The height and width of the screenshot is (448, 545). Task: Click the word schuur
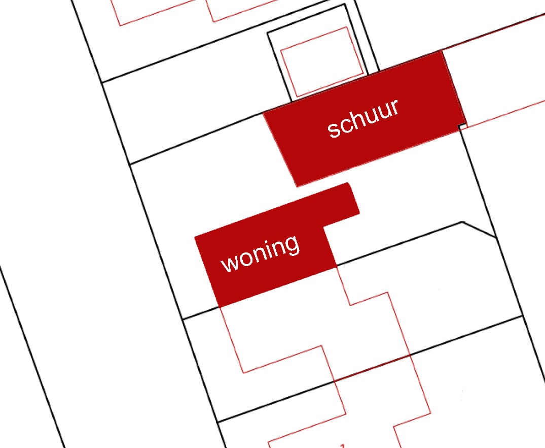tap(363, 118)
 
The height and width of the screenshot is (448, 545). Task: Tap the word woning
tap(260, 253)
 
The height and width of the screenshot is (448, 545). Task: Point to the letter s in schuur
tap(334, 131)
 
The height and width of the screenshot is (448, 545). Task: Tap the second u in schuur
tap(386, 110)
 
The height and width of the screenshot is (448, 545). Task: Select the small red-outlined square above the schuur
tap(321, 61)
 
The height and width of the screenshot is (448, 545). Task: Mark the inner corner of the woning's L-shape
tap(323, 227)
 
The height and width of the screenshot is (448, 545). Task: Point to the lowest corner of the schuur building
tap(297, 187)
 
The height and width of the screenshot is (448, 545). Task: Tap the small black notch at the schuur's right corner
tap(462, 125)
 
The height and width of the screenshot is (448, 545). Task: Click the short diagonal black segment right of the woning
tap(479, 230)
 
